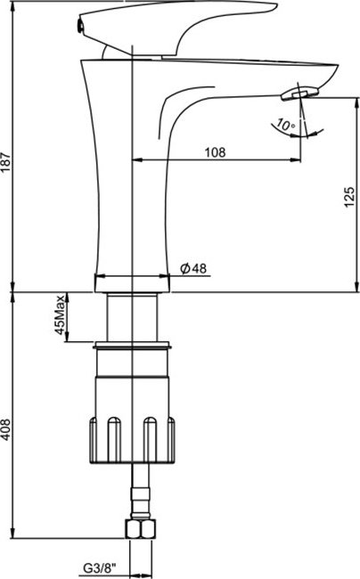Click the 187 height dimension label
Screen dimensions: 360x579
coord(6,162)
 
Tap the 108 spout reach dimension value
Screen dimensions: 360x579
coord(215,152)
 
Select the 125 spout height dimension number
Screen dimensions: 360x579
coord(349,197)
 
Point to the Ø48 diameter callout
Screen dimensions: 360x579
coord(193,268)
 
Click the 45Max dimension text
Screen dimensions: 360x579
coord(60,315)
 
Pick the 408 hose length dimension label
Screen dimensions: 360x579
coord(6,429)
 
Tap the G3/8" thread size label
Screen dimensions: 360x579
coord(100,568)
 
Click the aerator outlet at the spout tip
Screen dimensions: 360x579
coord(299,93)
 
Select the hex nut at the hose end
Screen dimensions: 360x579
coord(141,529)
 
